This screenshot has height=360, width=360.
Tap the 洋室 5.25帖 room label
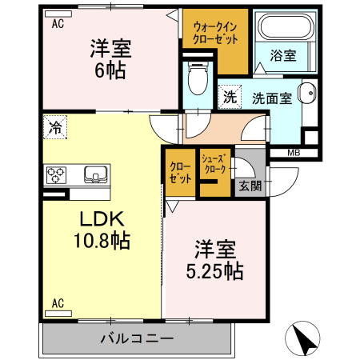click(x=213, y=261)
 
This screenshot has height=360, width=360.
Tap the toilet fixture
click(x=194, y=78)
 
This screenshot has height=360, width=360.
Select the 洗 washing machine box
click(x=230, y=98)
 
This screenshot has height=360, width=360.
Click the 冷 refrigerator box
click(x=54, y=126)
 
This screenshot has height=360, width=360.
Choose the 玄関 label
click(x=249, y=186)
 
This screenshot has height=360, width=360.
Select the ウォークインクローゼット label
click(x=214, y=32)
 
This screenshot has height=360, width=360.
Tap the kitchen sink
click(x=94, y=174)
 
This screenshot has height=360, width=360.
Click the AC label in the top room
click(x=58, y=24)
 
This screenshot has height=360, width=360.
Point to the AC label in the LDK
click(x=58, y=303)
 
